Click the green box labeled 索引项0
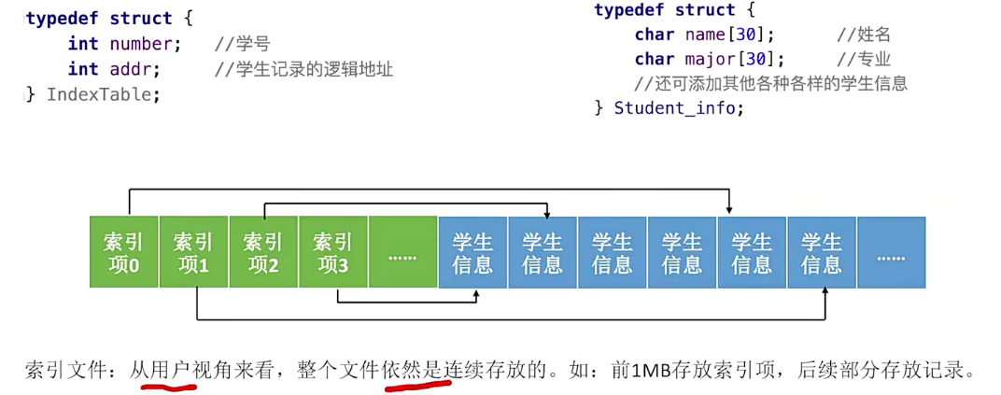123,252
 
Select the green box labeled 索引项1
193,252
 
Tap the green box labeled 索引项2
263,252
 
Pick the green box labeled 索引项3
333,252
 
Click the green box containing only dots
402,252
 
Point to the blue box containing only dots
891,252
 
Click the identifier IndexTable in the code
103,94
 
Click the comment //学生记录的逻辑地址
303,69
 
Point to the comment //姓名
864,35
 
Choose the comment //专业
864,60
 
